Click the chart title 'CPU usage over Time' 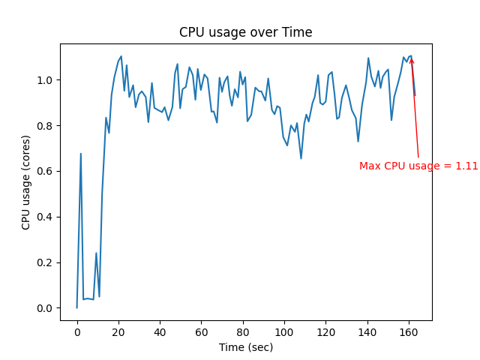pyautogui.click(x=245, y=32)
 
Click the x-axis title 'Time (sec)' pyautogui.click(x=245, y=347)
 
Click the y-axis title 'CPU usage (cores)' pyautogui.click(x=26, y=182)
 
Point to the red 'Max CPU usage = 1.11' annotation pyautogui.click(x=418, y=166)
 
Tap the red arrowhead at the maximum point pyautogui.click(x=411, y=60)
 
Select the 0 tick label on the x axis pyautogui.click(x=76, y=331)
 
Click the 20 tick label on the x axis pyautogui.click(x=118, y=331)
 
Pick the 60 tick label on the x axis pyautogui.click(x=201, y=331)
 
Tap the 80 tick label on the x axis pyautogui.click(x=242, y=331)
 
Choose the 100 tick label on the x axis pyautogui.click(x=283, y=331)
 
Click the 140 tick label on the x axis pyautogui.click(x=367, y=331)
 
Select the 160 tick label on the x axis pyautogui.click(x=408, y=331)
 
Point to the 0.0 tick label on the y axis pyautogui.click(x=45, y=308)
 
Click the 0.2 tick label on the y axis pyautogui.click(x=45, y=262)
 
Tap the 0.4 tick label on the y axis pyautogui.click(x=45, y=217)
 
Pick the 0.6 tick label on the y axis pyautogui.click(x=45, y=171)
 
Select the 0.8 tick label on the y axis pyautogui.click(x=45, y=126)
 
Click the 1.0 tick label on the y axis pyautogui.click(x=45, y=80)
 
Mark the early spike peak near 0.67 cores pyautogui.click(x=81, y=154)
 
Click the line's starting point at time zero pyautogui.click(x=76, y=307)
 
